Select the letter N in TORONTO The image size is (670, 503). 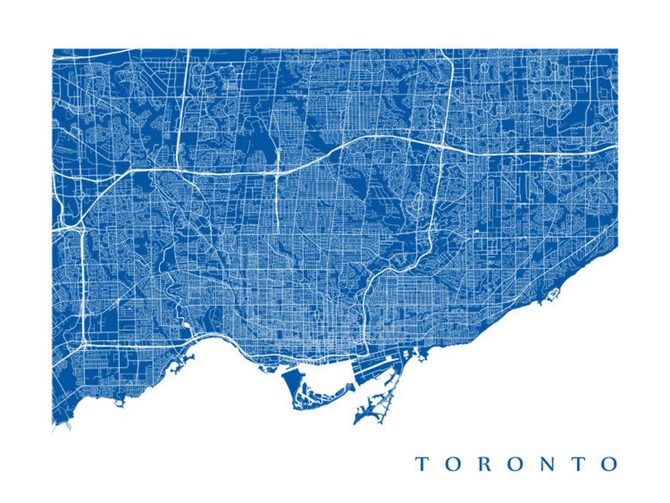547,464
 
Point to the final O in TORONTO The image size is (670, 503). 609,464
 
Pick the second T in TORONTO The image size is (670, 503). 579,464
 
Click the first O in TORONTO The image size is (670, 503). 453,464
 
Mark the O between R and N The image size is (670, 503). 515,464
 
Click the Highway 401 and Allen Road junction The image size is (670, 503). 277,173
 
